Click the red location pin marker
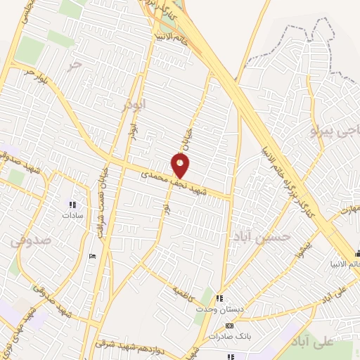(181, 166)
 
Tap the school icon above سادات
(72, 205)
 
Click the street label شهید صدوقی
(54, 299)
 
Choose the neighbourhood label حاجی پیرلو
(333, 130)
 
